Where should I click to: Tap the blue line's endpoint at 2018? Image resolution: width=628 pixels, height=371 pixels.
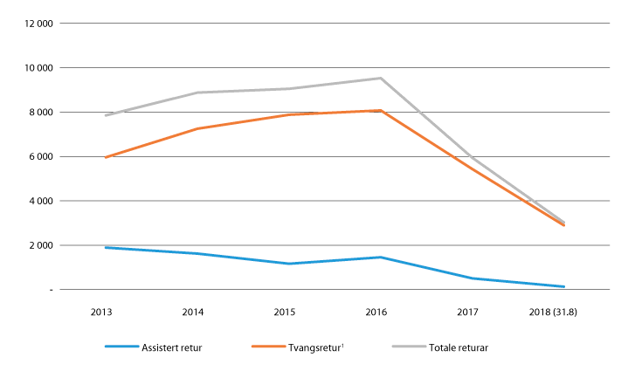(x=563, y=286)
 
